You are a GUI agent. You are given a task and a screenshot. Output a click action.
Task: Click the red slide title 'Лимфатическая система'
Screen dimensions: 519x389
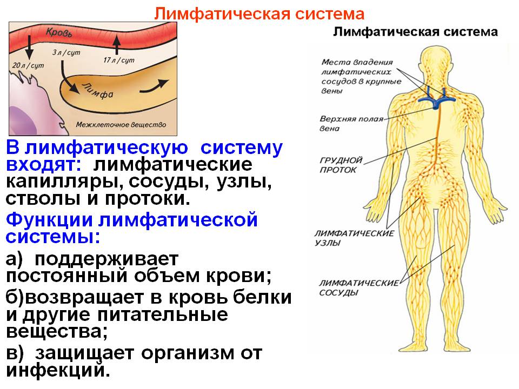coord(259,14)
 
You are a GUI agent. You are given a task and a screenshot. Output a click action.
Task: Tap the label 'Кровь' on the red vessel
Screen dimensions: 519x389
coord(59,32)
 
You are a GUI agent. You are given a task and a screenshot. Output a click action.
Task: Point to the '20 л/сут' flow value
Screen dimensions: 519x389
coord(28,65)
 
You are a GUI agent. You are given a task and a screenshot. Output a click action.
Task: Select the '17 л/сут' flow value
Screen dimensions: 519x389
coord(119,60)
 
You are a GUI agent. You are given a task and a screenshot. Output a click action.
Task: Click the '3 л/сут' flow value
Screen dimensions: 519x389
coord(66,52)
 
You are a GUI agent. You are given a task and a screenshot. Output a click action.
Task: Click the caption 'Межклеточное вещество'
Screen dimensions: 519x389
coord(121,125)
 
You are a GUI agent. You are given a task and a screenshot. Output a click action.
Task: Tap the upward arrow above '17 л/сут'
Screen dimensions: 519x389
coord(116,45)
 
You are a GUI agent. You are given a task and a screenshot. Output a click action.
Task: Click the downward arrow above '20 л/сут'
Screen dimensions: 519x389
coord(29,48)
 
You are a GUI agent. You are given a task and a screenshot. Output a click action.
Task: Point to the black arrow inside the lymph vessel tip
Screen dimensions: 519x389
coord(154,86)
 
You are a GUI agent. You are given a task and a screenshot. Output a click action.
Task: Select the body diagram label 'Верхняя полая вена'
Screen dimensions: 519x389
coord(351,123)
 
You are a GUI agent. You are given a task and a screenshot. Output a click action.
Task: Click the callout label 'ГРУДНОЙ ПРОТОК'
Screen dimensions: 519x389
coord(341,165)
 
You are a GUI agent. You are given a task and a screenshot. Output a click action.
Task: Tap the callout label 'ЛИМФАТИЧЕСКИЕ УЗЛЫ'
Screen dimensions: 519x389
coord(354,238)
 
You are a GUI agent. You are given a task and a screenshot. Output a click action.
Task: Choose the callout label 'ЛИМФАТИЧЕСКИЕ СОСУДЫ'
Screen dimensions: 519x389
coord(359,288)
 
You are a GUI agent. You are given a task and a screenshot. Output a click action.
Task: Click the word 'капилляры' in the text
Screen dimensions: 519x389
coord(64,182)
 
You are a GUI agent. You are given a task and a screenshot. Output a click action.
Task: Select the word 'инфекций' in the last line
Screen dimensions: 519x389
coord(58,371)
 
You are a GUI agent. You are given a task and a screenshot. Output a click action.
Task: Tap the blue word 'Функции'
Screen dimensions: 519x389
coord(49,219)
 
